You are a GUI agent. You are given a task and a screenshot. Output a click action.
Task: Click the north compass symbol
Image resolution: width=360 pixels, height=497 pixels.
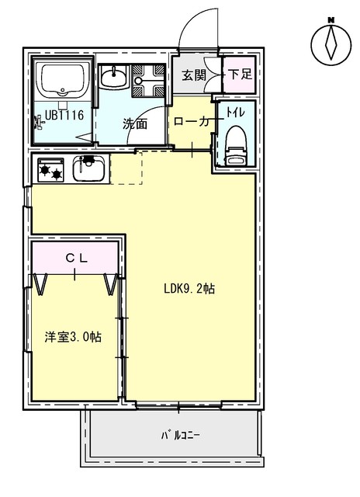point(331,43)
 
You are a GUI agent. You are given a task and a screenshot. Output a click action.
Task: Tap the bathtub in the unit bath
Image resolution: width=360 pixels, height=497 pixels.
point(63,80)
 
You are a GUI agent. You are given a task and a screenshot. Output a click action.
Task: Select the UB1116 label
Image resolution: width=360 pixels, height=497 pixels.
point(64,115)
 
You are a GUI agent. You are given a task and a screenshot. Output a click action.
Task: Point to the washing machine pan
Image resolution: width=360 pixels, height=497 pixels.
point(148,81)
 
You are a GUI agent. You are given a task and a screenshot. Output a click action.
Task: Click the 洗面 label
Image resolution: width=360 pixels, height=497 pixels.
point(135,124)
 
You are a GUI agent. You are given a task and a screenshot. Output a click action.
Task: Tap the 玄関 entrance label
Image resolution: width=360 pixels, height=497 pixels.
point(194,75)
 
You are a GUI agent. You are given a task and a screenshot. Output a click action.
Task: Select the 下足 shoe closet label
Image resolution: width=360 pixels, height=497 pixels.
point(241,75)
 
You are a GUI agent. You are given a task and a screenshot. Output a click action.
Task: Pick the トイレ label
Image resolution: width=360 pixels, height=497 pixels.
point(235,112)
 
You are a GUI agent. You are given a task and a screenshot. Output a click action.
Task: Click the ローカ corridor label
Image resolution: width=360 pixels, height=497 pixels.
point(192,121)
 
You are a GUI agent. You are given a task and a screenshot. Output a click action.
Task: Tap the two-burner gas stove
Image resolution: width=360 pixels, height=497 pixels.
point(50,170)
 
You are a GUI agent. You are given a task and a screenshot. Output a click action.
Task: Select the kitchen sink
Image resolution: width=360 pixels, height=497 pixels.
point(90,169)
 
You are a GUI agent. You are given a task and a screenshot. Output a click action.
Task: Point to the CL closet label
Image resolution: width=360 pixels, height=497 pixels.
point(76,259)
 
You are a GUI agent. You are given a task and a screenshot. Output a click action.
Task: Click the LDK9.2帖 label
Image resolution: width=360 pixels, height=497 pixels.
point(189,288)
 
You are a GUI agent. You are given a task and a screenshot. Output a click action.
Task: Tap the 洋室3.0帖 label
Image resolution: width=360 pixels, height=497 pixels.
point(73,336)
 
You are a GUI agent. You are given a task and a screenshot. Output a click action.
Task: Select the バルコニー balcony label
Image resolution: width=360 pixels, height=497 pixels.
point(181,436)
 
